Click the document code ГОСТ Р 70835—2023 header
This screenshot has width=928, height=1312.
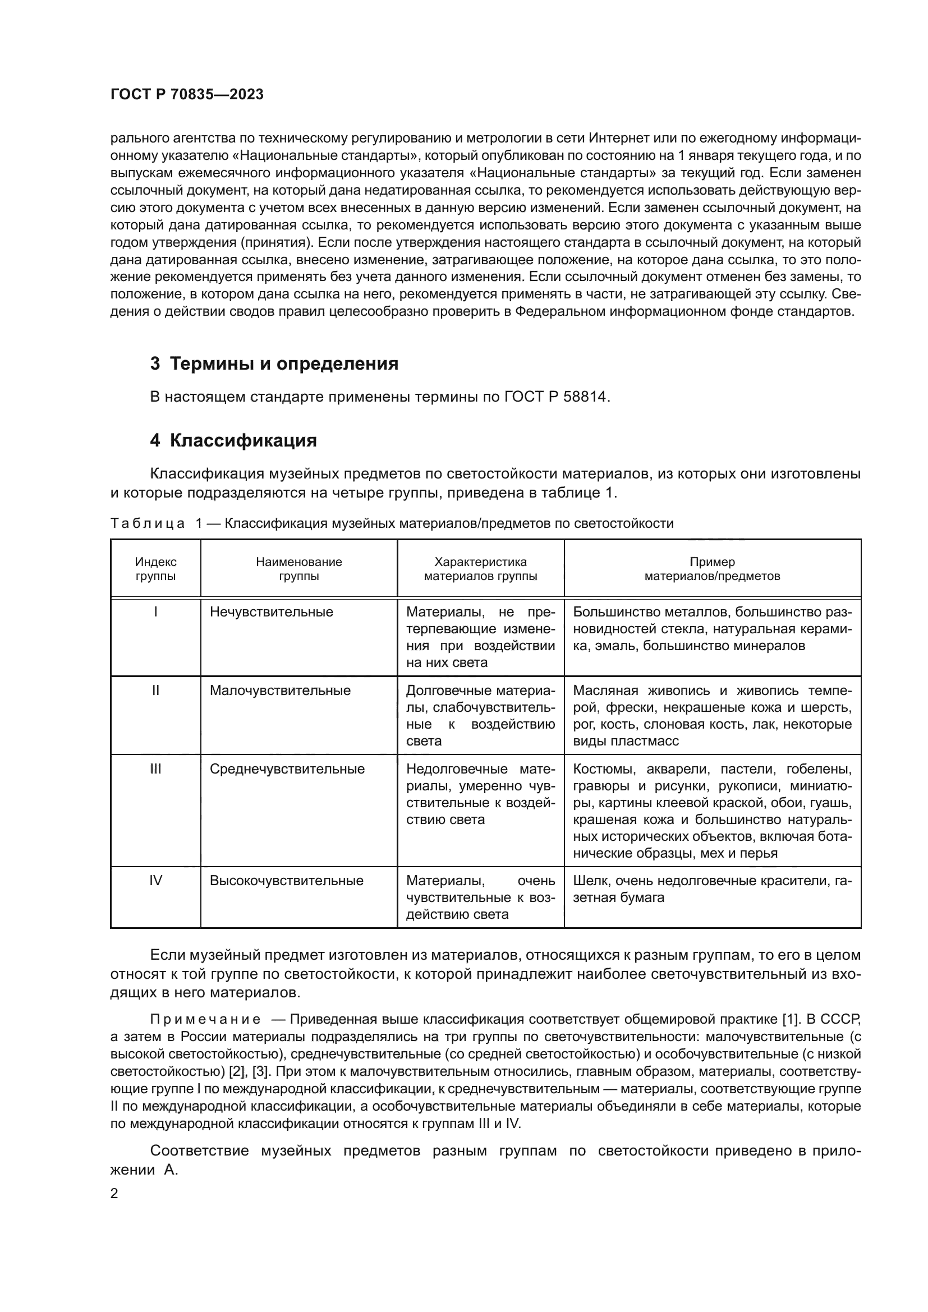click(187, 95)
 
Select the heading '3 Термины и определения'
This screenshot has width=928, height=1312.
click(274, 364)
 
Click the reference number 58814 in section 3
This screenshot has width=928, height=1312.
click(585, 397)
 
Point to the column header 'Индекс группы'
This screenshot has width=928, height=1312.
click(155, 569)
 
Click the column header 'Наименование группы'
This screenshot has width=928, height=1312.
click(299, 569)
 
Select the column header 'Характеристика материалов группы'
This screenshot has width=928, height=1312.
click(481, 569)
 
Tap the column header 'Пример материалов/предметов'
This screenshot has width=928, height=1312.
click(712, 569)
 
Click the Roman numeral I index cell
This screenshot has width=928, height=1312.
click(155, 612)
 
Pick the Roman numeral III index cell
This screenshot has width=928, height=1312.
click(155, 769)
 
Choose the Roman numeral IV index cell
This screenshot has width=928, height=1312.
click(155, 881)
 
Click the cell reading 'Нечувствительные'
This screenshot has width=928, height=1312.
click(272, 612)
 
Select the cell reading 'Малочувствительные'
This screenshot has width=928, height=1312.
click(280, 690)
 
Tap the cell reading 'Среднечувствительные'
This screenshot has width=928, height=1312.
click(287, 769)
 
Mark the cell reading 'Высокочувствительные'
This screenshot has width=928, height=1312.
click(286, 881)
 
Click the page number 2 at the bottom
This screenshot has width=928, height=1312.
click(114, 1194)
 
